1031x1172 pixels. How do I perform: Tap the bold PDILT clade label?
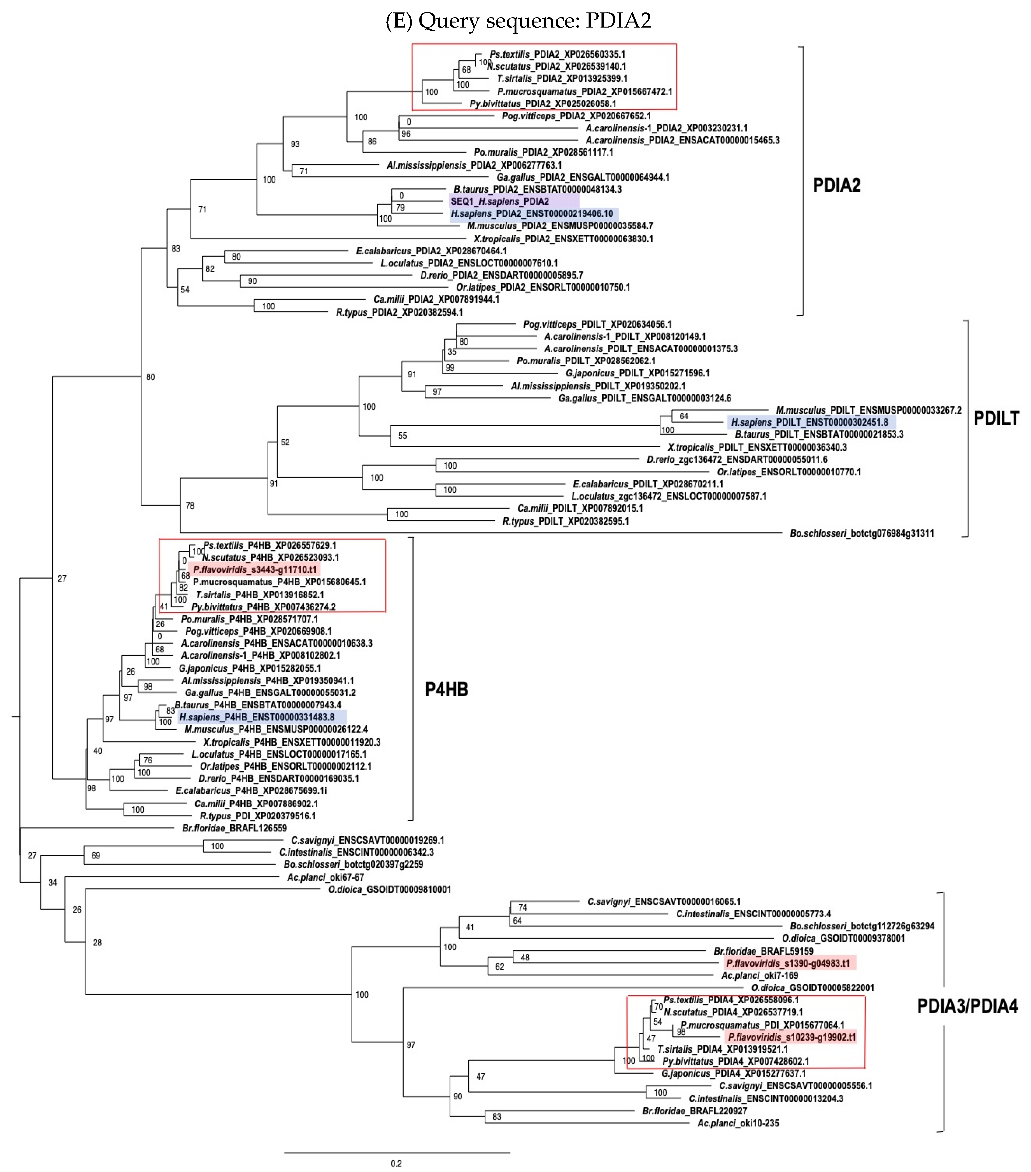(x=996, y=418)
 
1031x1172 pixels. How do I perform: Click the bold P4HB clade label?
(x=446, y=689)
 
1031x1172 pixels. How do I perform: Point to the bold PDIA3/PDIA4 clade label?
(x=967, y=1005)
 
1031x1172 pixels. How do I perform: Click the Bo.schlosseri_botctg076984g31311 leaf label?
(x=861, y=533)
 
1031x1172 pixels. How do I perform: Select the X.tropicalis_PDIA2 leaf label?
(x=563, y=239)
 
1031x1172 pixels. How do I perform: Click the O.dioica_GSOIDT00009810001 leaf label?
(x=389, y=889)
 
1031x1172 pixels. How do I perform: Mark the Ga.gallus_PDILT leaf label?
(x=645, y=398)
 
